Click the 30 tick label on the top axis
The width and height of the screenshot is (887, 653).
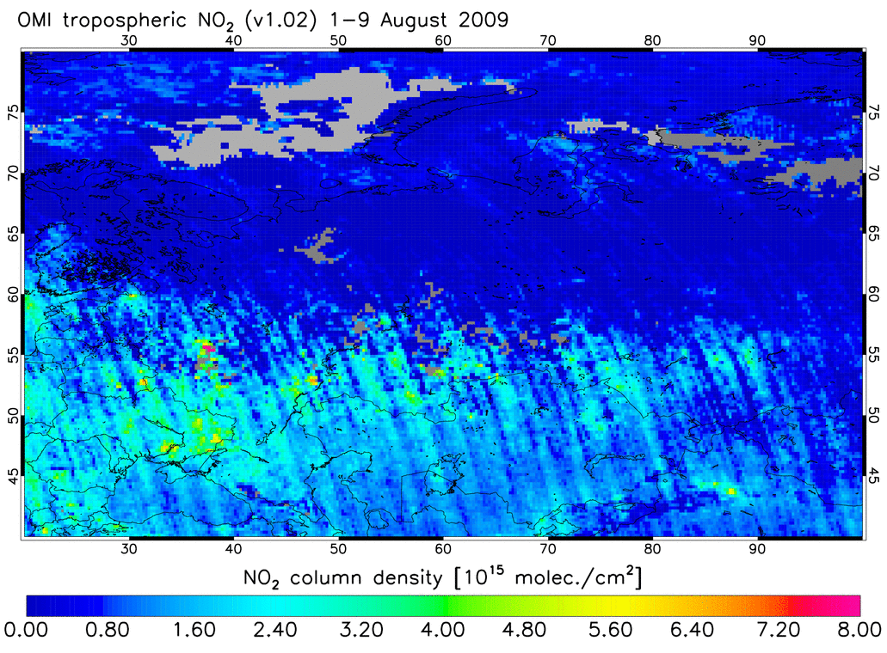point(130,40)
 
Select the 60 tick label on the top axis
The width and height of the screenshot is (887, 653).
point(443,40)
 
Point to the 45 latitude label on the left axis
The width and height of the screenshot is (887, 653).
point(12,476)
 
